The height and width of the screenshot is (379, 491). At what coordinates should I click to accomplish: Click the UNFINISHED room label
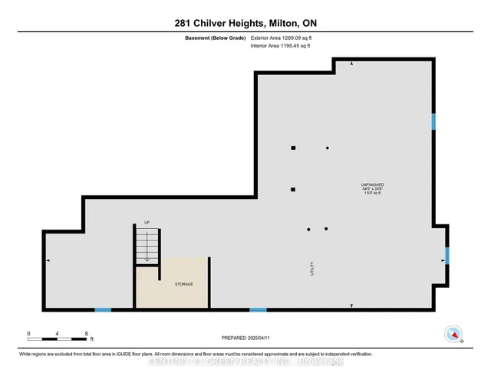pos(373,185)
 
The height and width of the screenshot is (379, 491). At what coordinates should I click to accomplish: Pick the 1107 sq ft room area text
pos(373,194)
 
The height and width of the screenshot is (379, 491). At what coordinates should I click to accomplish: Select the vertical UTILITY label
pos(312,269)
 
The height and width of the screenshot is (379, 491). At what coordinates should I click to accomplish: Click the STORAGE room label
pos(183,284)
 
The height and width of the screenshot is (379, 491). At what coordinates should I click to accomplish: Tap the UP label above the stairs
pos(147,223)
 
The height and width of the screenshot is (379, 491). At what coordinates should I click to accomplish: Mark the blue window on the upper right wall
pos(433,122)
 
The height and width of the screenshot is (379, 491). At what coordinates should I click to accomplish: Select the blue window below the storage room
pos(103,309)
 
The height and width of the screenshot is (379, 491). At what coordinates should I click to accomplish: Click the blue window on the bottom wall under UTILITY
pos(258,309)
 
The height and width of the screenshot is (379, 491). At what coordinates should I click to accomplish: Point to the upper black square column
pos(292,148)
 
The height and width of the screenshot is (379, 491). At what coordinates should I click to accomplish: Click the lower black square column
pos(292,189)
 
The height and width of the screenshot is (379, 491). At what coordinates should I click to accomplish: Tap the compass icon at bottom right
pos(454,334)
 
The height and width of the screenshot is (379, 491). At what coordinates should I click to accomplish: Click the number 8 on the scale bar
pos(86,334)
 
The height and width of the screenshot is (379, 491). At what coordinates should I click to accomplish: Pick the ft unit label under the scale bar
pos(91,338)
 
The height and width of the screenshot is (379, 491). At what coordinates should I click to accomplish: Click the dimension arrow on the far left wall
pos(49,261)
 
